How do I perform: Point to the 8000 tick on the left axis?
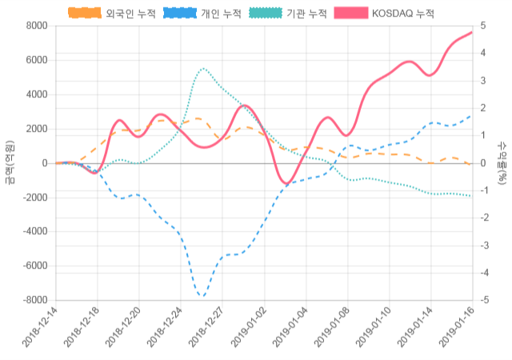pyautogui.click(x=36, y=26)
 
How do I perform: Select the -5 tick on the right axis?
pyautogui.click(x=483, y=301)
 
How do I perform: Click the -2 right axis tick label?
pyautogui.click(x=483, y=218)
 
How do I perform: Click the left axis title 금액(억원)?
pyautogui.click(x=10, y=163)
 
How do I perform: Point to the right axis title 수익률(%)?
pyautogui.click(x=502, y=163)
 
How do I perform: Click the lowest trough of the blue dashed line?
pyautogui.click(x=202, y=297)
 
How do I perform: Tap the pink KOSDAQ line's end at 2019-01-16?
pyautogui.click(x=471, y=32)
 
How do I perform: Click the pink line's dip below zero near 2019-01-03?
pyautogui.click(x=286, y=184)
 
